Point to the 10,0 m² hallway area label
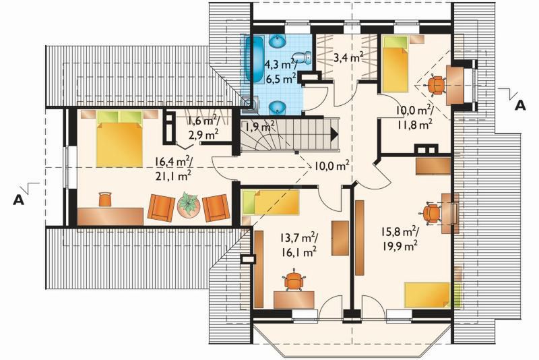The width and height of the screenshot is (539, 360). [331, 165]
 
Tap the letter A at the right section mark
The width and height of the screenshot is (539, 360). [519, 105]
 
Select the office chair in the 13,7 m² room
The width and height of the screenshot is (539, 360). [293, 280]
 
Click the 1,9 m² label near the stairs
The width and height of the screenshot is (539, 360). [259, 126]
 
